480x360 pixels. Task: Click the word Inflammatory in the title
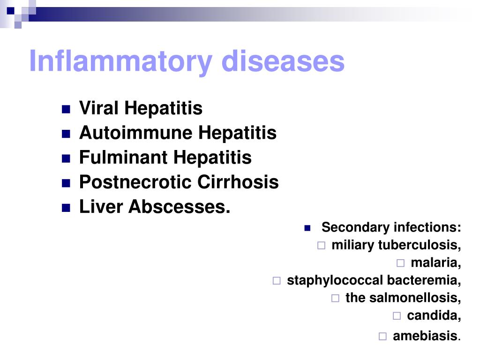(x=120, y=61)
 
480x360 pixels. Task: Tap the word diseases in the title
(x=283, y=61)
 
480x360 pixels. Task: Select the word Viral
(x=98, y=108)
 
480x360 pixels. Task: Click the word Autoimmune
(x=135, y=133)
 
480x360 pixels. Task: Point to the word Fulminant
(x=123, y=157)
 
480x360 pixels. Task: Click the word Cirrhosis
(x=238, y=182)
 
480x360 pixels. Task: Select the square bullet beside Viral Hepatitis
(x=66, y=109)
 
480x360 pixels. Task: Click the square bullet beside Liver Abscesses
(x=66, y=208)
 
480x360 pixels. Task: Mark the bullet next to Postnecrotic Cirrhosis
(x=66, y=183)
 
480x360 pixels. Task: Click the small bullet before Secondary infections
(x=307, y=228)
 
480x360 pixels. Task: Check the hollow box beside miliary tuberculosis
(x=321, y=246)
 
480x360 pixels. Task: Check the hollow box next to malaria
(x=400, y=263)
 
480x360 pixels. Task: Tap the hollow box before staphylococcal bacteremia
(x=277, y=281)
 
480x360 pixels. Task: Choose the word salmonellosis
(x=415, y=298)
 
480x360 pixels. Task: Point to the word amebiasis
(x=425, y=336)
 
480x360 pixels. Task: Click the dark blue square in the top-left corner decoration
(x=11, y=11)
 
